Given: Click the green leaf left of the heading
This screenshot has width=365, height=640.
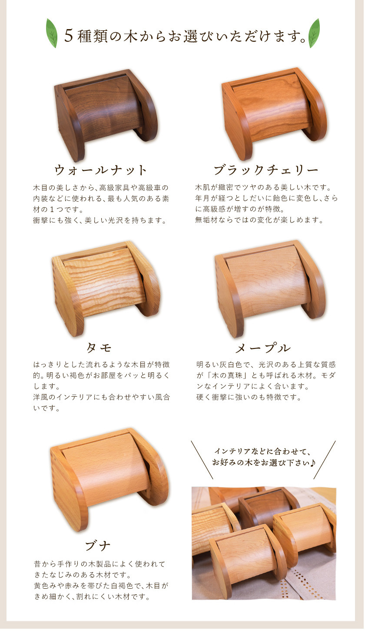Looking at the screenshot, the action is pyautogui.click(x=52, y=33).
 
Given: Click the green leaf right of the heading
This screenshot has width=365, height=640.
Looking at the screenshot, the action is pyautogui.click(x=314, y=33).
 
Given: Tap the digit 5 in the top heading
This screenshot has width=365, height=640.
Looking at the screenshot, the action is pyautogui.click(x=69, y=36).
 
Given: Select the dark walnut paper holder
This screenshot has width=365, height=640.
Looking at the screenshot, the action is pyautogui.click(x=106, y=115).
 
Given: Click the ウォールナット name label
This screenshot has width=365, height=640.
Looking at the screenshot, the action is pyautogui.click(x=101, y=170).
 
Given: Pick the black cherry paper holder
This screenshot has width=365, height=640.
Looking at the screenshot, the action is pyautogui.click(x=274, y=113).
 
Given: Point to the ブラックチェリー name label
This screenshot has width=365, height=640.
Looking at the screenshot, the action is pyautogui.click(x=266, y=170).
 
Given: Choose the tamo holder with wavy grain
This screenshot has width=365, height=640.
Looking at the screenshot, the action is pyautogui.click(x=106, y=288).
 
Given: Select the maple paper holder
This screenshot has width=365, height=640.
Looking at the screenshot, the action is pyautogui.click(x=270, y=288).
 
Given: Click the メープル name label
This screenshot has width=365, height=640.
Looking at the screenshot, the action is pyautogui.click(x=263, y=348).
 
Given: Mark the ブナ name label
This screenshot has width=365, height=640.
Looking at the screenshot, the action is pyautogui.click(x=98, y=546).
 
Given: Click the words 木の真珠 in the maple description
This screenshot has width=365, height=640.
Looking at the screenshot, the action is pyautogui.click(x=227, y=375).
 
